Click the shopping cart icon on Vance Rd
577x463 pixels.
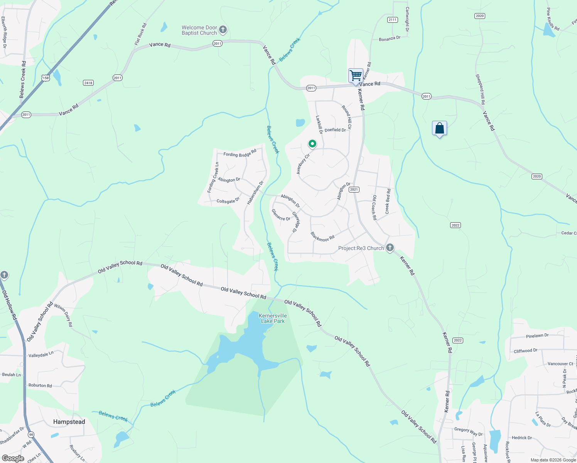point(356,75)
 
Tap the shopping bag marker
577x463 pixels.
point(440,128)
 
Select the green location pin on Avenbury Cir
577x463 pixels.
point(312,144)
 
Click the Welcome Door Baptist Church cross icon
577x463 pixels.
point(223,30)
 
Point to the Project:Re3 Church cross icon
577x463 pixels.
point(390,247)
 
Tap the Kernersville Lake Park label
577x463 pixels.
point(273,318)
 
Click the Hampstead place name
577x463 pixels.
point(69,422)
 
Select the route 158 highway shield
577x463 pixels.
point(46,78)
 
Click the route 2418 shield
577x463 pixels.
point(88,83)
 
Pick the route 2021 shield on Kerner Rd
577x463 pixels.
point(354,189)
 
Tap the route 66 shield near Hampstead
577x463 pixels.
point(31,434)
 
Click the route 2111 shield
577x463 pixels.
point(393,20)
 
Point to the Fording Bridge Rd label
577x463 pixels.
point(240,154)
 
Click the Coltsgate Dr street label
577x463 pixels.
point(228,201)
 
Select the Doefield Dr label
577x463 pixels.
point(335,130)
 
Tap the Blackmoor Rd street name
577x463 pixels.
point(322,237)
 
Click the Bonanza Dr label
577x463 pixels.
point(390,39)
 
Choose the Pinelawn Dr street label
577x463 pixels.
point(537,336)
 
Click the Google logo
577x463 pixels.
point(13,458)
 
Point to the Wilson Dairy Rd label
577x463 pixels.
point(63,315)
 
